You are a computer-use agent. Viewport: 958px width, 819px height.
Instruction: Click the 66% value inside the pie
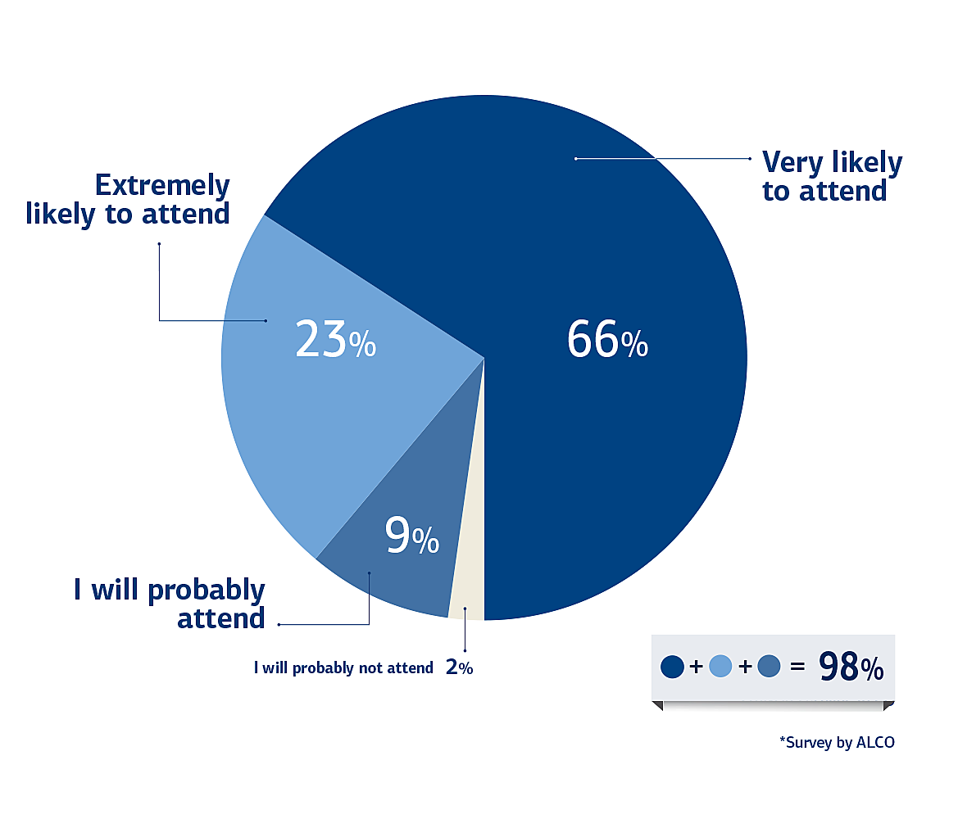607,339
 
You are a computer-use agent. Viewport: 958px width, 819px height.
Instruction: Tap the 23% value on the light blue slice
335,339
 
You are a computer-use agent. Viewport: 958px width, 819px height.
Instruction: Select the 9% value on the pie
411,536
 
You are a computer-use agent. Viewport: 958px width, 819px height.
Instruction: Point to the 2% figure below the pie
460,667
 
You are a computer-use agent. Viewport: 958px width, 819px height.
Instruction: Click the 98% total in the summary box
851,667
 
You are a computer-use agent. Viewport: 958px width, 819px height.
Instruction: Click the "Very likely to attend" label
832,176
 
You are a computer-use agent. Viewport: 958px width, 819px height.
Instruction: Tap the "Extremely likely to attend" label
128,200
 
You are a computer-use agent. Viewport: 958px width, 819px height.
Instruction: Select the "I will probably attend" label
170,604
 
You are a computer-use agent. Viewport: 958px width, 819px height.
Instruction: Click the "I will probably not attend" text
343,667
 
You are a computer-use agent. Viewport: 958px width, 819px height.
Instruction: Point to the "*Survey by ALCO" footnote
837,743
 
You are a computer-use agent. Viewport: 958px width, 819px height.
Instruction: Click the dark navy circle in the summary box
672,667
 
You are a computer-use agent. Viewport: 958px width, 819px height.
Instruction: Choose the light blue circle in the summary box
720,667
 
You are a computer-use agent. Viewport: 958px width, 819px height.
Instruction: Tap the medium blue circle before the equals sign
769,667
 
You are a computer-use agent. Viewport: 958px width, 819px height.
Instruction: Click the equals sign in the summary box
797,667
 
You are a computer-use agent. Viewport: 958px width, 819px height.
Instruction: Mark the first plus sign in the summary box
696,667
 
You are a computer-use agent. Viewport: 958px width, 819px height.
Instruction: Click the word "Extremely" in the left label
162,185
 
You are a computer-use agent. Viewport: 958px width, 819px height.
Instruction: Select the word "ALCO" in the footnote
875,742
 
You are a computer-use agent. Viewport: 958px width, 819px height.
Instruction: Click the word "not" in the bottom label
370,668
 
